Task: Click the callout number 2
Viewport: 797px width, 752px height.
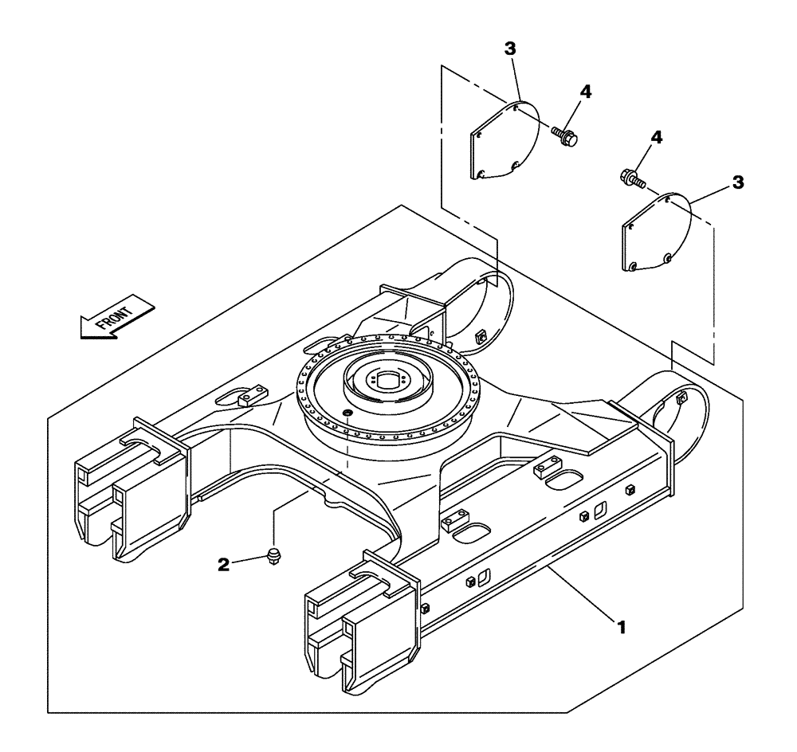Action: click(226, 564)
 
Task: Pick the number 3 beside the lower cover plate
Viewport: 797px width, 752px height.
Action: click(737, 182)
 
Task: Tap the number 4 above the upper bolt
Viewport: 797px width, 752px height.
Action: click(586, 92)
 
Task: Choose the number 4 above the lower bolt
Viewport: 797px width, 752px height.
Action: click(656, 139)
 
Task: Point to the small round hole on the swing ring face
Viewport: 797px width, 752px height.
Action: click(346, 413)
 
